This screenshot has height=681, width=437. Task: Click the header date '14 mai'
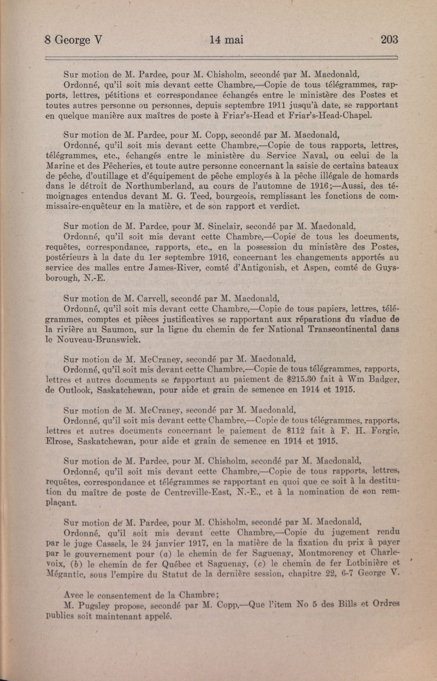coord(226,40)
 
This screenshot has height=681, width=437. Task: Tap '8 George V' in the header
coord(73,40)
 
